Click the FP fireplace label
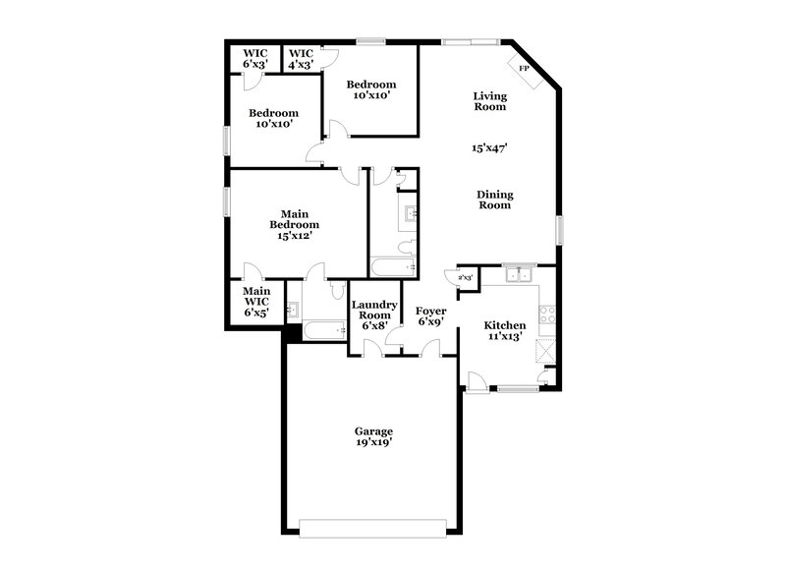click(524, 69)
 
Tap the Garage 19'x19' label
click(373, 437)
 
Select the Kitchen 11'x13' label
click(505, 330)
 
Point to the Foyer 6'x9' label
click(431, 315)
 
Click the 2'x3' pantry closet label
click(466, 279)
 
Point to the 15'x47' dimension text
click(489, 147)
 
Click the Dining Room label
click(494, 200)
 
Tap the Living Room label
click(489, 101)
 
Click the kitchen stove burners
click(548, 316)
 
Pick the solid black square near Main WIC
click(291, 333)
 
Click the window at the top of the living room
click(471, 41)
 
